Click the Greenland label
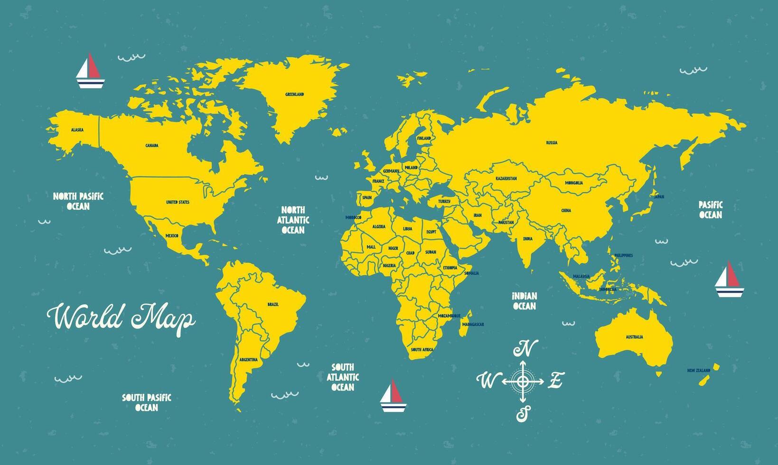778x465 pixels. click(294, 94)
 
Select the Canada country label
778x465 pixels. click(152, 146)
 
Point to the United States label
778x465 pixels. click(178, 202)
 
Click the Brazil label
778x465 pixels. click(273, 304)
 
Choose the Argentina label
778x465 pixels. click(249, 360)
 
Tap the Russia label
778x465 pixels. click(552, 142)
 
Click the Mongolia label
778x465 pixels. click(574, 183)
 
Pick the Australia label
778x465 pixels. click(634, 337)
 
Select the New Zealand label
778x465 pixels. click(699, 371)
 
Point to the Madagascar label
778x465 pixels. click(473, 324)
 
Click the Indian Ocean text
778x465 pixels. click(524, 301)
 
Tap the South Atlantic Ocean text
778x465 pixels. click(343, 377)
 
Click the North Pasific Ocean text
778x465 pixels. click(78, 201)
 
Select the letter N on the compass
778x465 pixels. click(526, 349)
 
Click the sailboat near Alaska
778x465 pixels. click(90, 72)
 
